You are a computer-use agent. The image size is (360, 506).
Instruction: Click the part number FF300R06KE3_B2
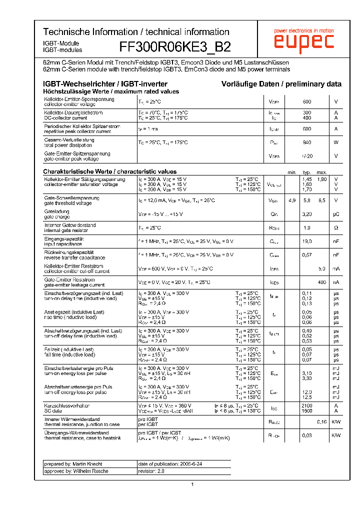[x=175, y=47]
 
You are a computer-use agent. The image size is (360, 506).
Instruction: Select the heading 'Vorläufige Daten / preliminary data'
[x=281, y=84]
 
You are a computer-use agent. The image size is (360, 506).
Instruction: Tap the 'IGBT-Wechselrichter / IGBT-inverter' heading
[x=105, y=84]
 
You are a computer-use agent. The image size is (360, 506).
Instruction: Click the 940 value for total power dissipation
[x=307, y=142]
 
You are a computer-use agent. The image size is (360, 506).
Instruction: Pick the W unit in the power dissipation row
[x=336, y=142]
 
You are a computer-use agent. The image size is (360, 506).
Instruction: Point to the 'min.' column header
[x=292, y=172]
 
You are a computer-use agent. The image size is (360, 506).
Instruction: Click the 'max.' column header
[x=321, y=172]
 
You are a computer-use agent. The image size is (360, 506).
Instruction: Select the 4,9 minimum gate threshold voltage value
[x=292, y=200]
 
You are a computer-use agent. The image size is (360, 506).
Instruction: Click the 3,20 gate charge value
[x=307, y=214]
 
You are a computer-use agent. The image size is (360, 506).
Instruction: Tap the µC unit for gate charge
[x=336, y=214]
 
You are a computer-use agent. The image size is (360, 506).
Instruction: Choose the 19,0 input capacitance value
[x=307, y=241]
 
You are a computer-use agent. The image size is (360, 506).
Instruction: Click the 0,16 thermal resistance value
[x=321, y=421]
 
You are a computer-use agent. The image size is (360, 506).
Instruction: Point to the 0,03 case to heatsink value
[x=307, y=435]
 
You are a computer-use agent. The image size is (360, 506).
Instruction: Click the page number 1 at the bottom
[x=192, y=484]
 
